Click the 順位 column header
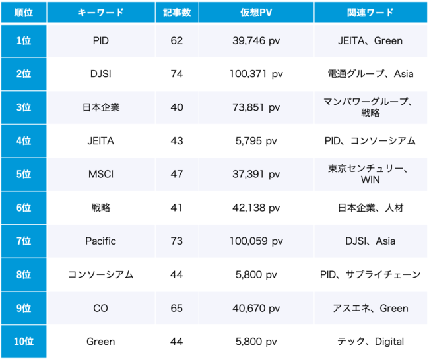coord(23,13)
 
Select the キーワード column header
coord(101,13)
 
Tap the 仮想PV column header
coord(257,13)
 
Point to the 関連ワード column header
coord(370,13)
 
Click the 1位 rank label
coord(23,41)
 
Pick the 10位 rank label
coord(23,341)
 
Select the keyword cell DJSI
coord(101,74)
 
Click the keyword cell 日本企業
coord(101,107)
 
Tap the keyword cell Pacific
coord(101,241)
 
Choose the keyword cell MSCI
coord(101,174)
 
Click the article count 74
coord(177,74)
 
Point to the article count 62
coord(177,41)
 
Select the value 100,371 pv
coord(257,74)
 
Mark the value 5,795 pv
coord(257,140)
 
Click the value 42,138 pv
coord(257,208)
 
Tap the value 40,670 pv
coord(257,308)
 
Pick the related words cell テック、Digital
coord(370,341)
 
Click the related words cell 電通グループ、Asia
coord(370,74)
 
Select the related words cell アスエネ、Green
coord(370,308)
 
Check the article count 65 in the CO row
coord(177,308)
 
